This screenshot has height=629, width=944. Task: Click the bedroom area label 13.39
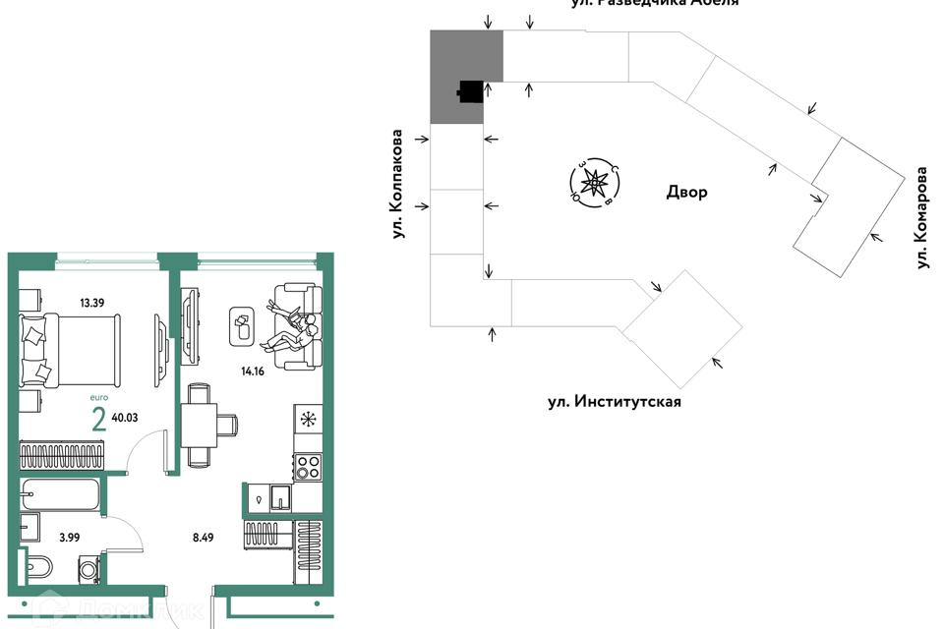point(91,302)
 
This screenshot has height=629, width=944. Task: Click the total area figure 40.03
point(125,418)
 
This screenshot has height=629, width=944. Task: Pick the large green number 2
point(98,420)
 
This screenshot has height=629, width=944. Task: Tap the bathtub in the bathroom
point(60,494)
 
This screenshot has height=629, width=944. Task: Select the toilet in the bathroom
point(38,567)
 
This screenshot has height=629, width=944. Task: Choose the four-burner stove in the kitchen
point(308,466)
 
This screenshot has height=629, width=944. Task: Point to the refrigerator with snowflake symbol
point(308,420)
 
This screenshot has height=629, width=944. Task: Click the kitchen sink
point(281,498)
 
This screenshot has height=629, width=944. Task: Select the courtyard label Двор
point(685,193)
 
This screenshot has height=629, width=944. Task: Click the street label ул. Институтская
point(615,402)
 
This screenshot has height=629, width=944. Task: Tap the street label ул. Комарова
point(921,217)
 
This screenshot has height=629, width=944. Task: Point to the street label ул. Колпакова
point(397,184)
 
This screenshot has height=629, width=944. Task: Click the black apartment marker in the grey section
point(471,91)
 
